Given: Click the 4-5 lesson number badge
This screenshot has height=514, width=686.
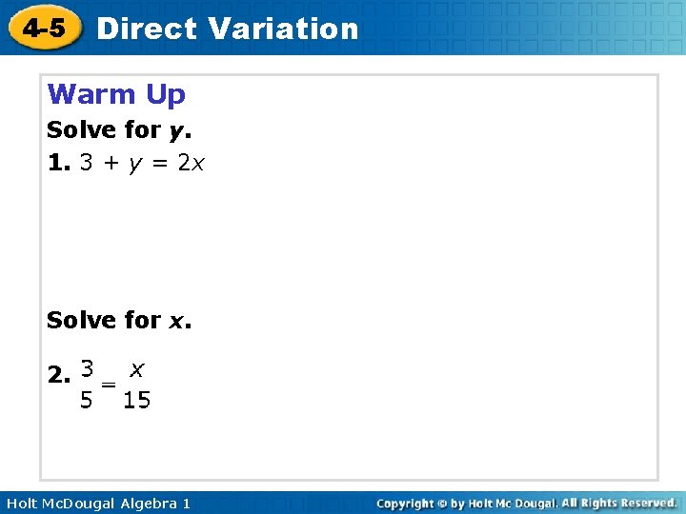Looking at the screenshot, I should tap(45, 28).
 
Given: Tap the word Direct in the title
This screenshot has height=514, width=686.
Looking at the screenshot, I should tap(147, 29).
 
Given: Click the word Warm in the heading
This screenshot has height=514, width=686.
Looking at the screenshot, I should tap(92, 94).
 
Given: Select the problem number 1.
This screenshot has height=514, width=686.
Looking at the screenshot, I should tap(59, 163).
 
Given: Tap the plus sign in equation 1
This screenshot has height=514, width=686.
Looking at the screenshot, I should tap(111, 164).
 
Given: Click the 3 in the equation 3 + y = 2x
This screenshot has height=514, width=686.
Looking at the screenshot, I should tap(86, 163).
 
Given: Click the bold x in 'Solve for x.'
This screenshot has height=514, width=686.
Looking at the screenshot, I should tap(177, 321).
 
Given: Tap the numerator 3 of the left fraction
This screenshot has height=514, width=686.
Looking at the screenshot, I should tap(87, 367).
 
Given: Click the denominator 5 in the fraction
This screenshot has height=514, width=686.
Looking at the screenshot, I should tap(87, 401).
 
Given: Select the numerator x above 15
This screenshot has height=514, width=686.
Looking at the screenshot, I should tap(137, 367).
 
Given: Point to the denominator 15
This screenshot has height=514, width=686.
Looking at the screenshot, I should tap(137, 401).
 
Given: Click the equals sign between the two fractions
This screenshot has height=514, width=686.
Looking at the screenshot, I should tap(109, 384).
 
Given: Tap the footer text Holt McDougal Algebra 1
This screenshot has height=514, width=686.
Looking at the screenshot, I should tap(96, 503).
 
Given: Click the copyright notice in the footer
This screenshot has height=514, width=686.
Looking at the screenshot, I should tap(526, 503).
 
